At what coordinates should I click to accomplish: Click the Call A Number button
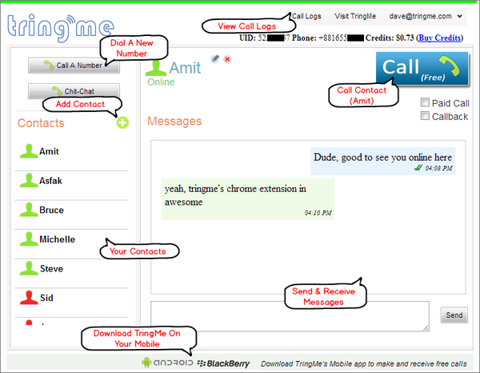74,65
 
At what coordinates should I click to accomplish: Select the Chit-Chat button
74,91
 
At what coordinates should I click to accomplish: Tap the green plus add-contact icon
122,122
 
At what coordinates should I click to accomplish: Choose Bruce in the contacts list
51,211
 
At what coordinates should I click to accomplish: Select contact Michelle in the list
57,239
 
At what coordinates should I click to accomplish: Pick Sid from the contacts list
47,297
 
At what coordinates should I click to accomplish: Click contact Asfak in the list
50,181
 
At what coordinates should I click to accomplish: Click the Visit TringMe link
355,15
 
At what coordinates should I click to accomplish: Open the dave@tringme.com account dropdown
426,15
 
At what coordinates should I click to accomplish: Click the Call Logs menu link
308,15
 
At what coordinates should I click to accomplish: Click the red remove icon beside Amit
227,59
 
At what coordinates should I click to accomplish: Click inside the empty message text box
290,315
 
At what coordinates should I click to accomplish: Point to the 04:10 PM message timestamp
318,213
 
